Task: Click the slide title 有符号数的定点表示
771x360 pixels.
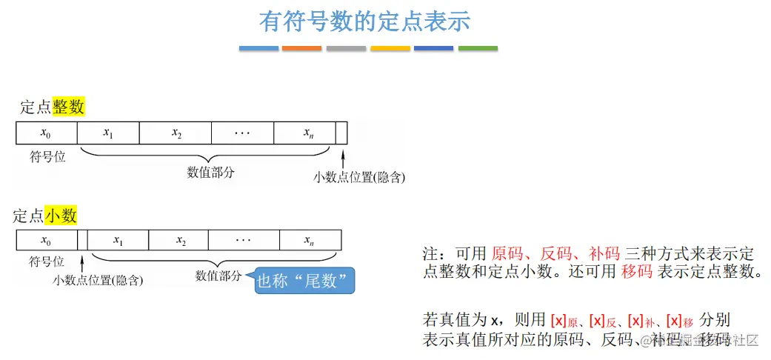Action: click(x=364, y=21)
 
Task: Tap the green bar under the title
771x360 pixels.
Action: click(x=478, y=48)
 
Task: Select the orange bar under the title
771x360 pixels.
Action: click(x=302, y=48)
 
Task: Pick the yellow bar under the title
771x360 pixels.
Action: click(x=390, y=48)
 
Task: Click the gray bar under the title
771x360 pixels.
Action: click(x=346, y=48)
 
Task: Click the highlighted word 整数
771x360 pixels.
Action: click(x=69, y=107)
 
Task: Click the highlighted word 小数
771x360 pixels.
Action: click(x=61, y=216)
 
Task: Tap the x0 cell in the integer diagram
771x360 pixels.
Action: click(x=46, y=133)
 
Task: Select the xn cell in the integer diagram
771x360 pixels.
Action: click(x=304, y=133)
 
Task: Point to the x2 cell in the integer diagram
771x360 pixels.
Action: click(x=176, y=133)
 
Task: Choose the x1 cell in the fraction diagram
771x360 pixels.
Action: click(x=118, y=241)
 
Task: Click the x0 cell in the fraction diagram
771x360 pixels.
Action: click(x=46, y=241)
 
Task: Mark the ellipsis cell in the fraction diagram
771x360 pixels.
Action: click(x=244, y=241)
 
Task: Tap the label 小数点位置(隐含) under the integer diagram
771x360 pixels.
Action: click(x=359, y=178)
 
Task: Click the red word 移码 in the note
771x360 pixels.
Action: click(x=636, y=271)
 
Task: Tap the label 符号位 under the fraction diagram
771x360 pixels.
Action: click(x=47, y=261)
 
